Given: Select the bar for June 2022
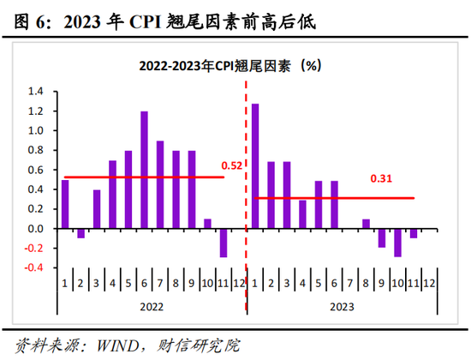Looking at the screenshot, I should click(x=144, y=170).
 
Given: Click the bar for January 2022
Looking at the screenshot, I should click(x=65, y=204).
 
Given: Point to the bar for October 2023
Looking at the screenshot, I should click(x=397, y=243).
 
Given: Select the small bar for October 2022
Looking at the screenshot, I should click(x=207, y=224).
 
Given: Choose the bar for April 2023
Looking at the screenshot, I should click(x=302, y=214).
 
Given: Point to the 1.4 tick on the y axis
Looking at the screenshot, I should click(x=38, y=92).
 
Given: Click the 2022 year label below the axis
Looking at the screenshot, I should click(x=151, y=303).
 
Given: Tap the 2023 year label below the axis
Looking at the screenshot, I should click(x=341, y=303).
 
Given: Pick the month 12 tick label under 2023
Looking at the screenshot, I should click(x=429, y=280).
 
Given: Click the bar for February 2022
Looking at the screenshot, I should click(x=81, y=233).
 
